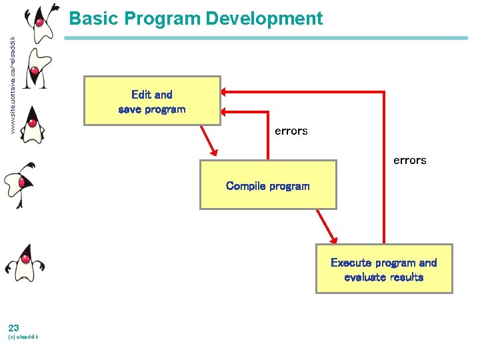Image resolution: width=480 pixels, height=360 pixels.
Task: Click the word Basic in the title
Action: tap(91, 18)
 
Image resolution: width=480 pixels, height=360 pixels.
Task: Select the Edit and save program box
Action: tap(151, 101)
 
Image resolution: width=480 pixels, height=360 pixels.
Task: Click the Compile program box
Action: tap(268, 185)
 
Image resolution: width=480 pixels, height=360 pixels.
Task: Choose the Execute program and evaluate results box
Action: tap(383, 269)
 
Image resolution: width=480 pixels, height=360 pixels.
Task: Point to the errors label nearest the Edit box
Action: tap(291, 131)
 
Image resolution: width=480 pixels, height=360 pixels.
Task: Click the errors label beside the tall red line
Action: tap(409, 160)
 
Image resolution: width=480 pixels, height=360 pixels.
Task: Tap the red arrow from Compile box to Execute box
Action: tap(327, 227)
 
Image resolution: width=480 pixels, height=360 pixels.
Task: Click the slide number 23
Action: tap(13, 327)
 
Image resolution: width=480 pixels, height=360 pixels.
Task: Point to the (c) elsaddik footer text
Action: tap(23, 337)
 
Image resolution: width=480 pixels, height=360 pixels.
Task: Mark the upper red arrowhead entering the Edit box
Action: tap(226, 91)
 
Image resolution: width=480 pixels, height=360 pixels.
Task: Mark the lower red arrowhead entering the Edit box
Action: tap(226, 111)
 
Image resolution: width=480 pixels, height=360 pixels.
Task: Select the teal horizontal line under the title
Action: tap(267, 39)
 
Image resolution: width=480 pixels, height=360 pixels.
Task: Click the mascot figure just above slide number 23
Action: tap(25, 263)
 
